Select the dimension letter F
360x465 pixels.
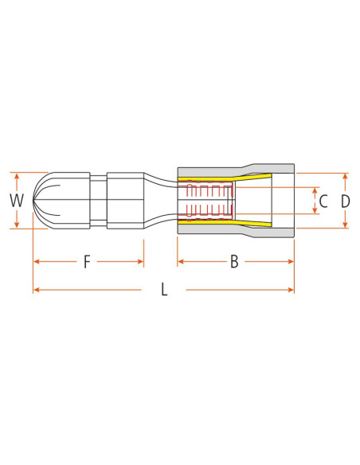click(87, 261)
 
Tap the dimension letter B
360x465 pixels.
click(234, 261)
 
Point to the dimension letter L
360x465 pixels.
click(164, 290)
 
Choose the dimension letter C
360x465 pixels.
click(323, 201)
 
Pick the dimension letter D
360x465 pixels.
click(345, 201)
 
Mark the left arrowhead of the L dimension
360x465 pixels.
click(35, 290)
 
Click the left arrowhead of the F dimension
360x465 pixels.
click(36, 261)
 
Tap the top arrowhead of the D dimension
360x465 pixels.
click(345, 175)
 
